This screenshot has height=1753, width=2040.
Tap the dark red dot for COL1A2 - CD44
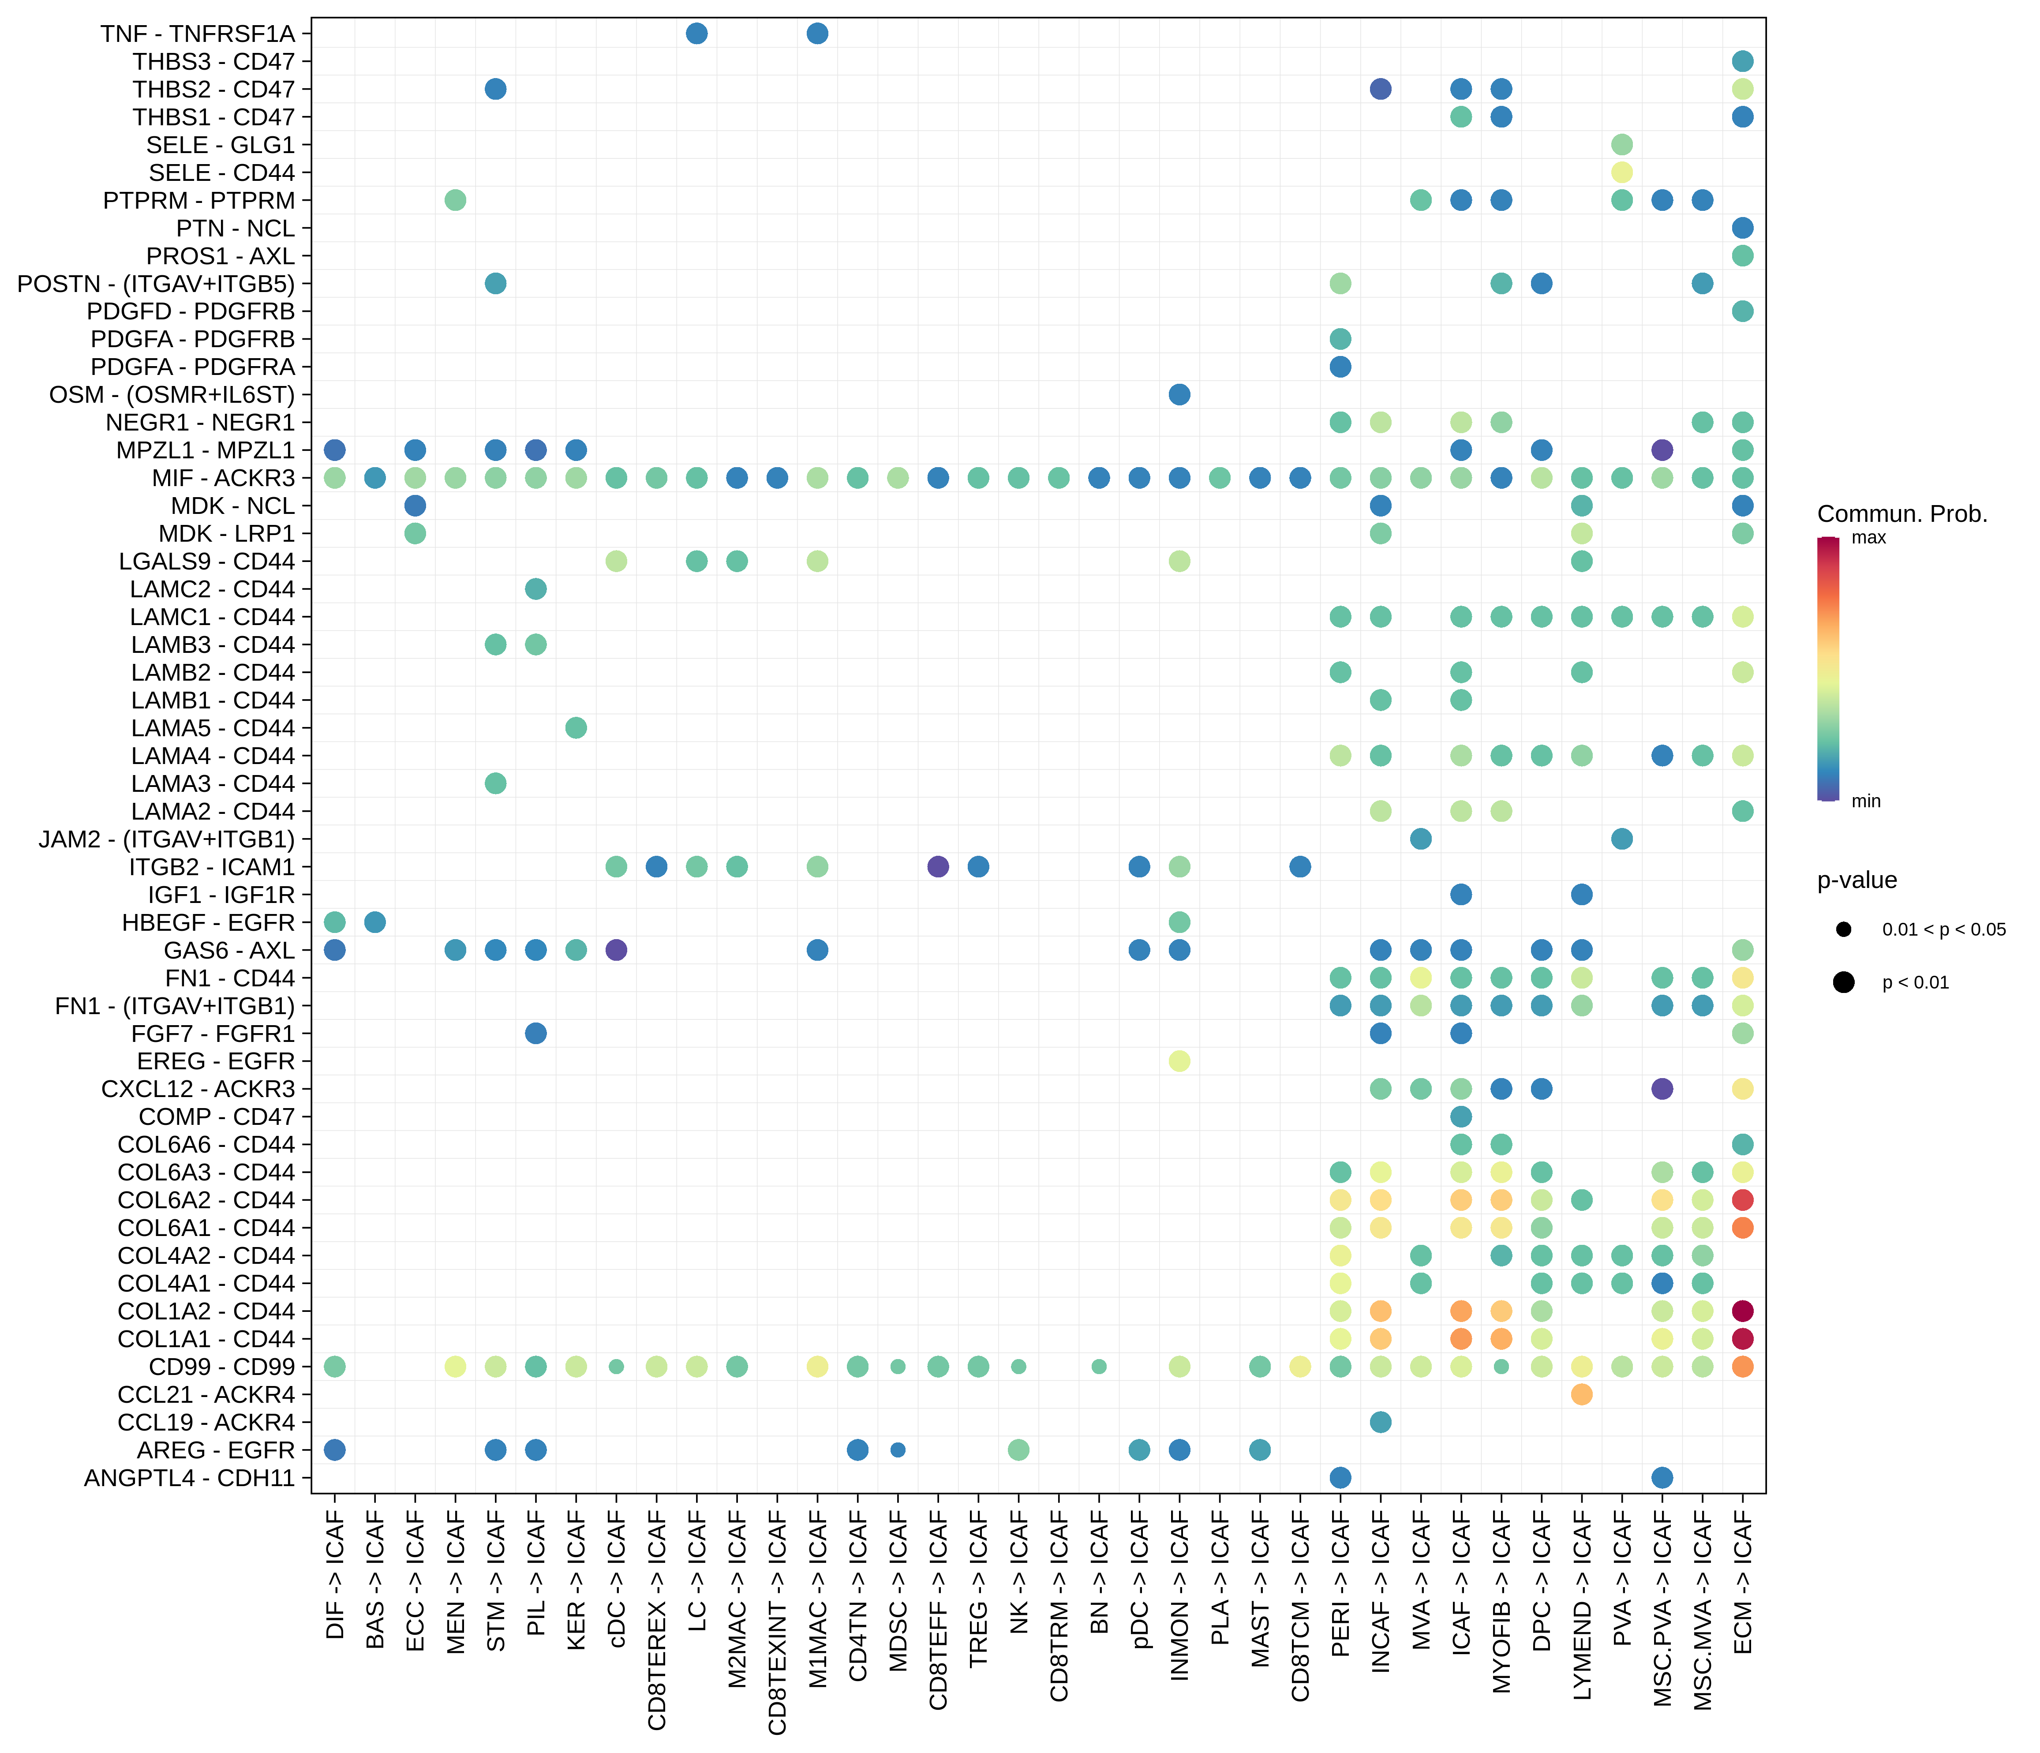(1743, 1311)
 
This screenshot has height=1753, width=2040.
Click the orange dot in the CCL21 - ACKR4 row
(1582, 1394)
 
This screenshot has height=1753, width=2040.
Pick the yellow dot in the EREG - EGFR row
(1179, 1060)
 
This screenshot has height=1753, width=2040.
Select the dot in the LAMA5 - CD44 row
(576, 728)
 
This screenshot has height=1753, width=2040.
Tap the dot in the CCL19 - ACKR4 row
(1380, 1422)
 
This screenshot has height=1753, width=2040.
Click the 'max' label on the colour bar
(1868, 538)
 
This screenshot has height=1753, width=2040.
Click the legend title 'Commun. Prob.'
(1901, 514)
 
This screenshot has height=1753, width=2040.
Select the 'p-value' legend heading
(1857, 880)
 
